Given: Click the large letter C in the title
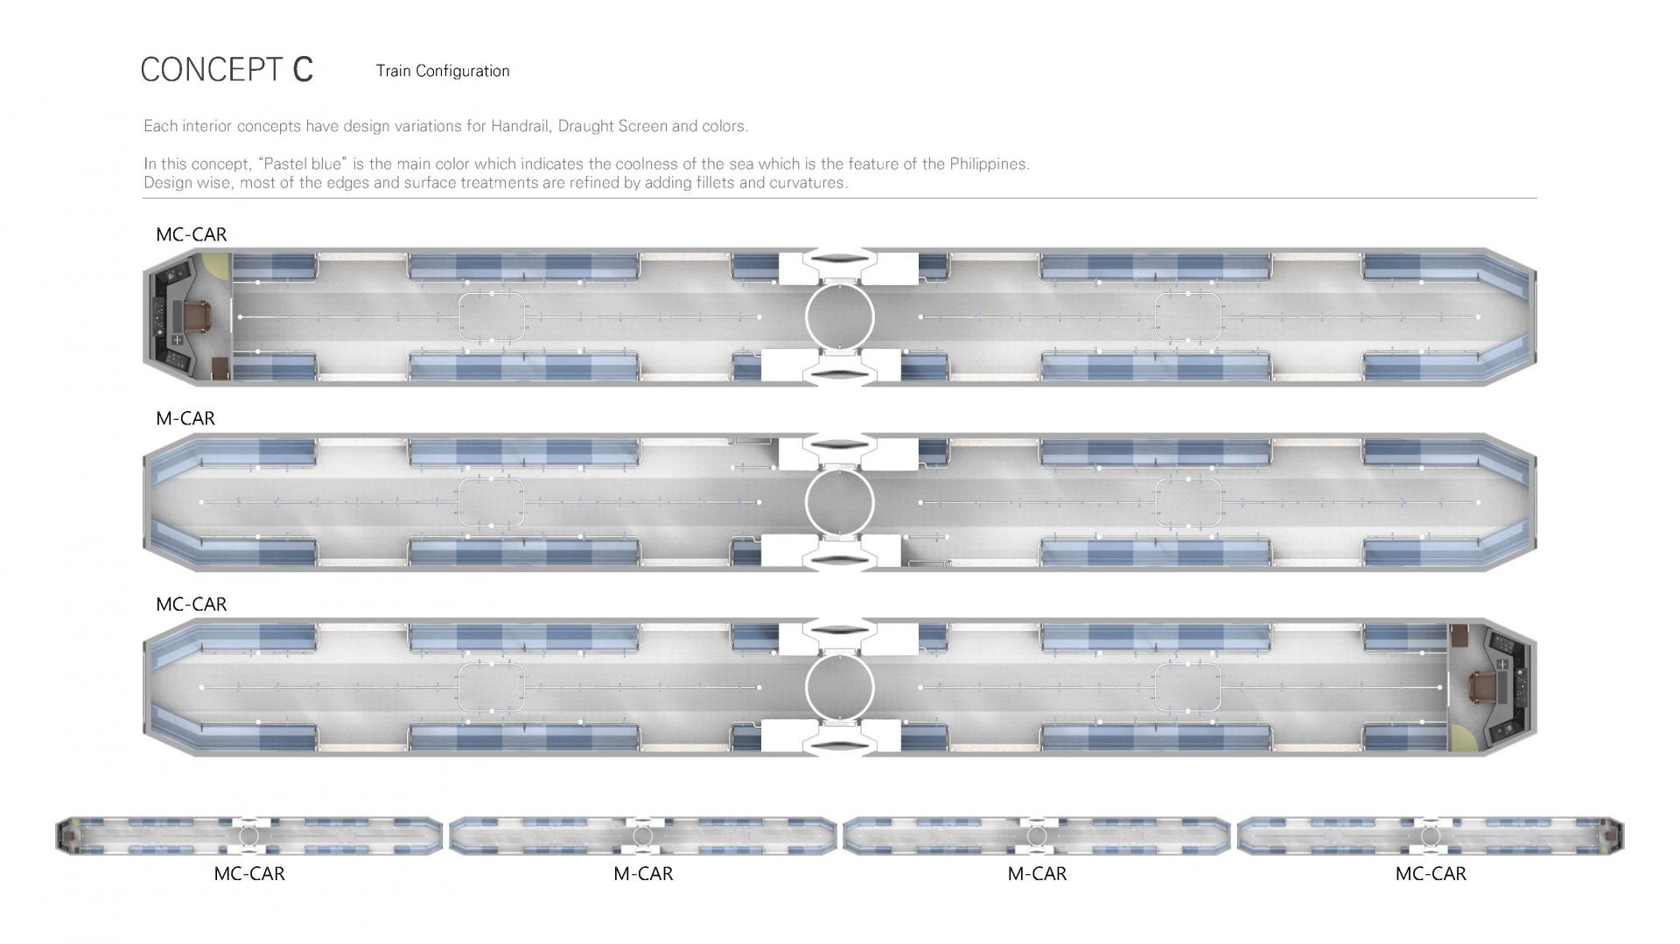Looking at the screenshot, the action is [303, 70].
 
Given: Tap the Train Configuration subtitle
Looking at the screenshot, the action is [443, 71].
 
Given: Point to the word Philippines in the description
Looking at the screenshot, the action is [989, 164].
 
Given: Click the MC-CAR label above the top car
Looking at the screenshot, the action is [192, 234].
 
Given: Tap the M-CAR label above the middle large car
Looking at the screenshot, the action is [185, 418].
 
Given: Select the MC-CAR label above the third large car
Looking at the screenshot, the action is [192, 605].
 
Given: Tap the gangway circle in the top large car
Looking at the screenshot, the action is [840, 317].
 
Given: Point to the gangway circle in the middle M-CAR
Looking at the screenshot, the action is [840, 502].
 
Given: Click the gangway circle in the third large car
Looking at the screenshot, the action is [840, 688].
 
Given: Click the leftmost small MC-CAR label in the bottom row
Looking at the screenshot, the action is [249, 873].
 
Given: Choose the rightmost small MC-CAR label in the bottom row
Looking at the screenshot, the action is [1431, 873].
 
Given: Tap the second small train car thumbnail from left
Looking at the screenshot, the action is [643, 836].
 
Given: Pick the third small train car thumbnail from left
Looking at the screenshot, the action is [1037, 836].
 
